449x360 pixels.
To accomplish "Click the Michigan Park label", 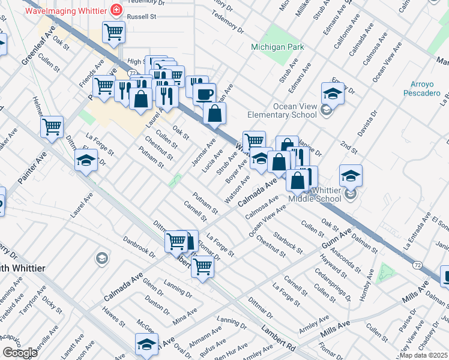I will coord(278,47).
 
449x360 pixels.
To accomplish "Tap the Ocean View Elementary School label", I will coord(282,110).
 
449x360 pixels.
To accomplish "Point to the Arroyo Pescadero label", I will coord(426,88).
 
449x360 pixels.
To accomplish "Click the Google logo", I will coord(20,353).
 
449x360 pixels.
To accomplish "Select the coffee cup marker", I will coord(204,94).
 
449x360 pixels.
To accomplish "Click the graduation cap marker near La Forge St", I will coord(86,160).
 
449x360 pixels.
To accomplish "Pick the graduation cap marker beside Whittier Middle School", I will coord(351,176).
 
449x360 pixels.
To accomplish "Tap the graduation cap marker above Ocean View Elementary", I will coord(332,94).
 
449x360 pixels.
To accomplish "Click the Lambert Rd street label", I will coord(279,339).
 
